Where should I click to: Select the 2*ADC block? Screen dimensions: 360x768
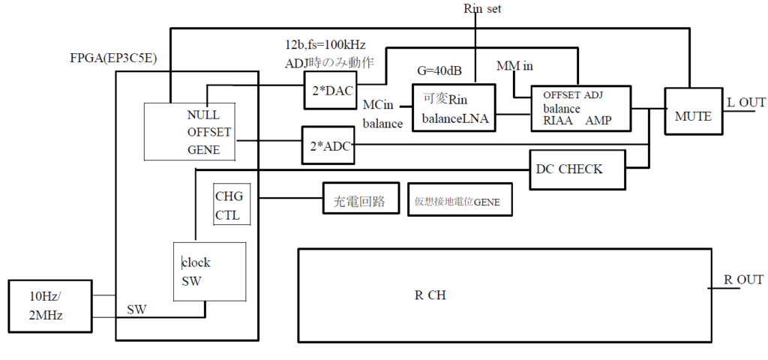pos(327,144)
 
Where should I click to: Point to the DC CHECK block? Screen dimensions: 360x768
pos(577,169)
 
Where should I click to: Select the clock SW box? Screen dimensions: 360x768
pos(209,272)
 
